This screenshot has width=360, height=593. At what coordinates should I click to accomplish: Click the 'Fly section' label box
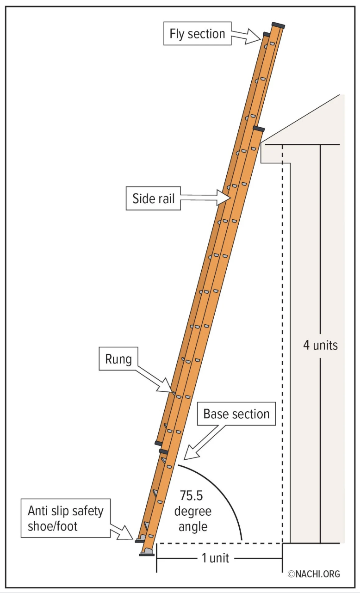[197, 34]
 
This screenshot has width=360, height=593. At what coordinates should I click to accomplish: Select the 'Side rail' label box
[154, 198]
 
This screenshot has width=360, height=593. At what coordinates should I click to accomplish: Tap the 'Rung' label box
[118, 359]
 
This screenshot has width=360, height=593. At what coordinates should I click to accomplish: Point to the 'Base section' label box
[236, 414]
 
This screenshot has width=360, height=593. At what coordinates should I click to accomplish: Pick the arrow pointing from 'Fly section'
[247, 36]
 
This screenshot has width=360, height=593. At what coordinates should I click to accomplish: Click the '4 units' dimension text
[321, 345]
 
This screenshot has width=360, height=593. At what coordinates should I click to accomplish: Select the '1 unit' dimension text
[215, 558]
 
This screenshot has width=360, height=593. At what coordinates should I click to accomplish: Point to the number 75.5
[192, 496]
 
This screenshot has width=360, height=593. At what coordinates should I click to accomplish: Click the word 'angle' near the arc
[193, 526]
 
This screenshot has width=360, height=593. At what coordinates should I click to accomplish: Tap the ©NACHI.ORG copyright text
[314, 574]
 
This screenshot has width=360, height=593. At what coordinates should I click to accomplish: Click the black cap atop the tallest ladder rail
[278, 24]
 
